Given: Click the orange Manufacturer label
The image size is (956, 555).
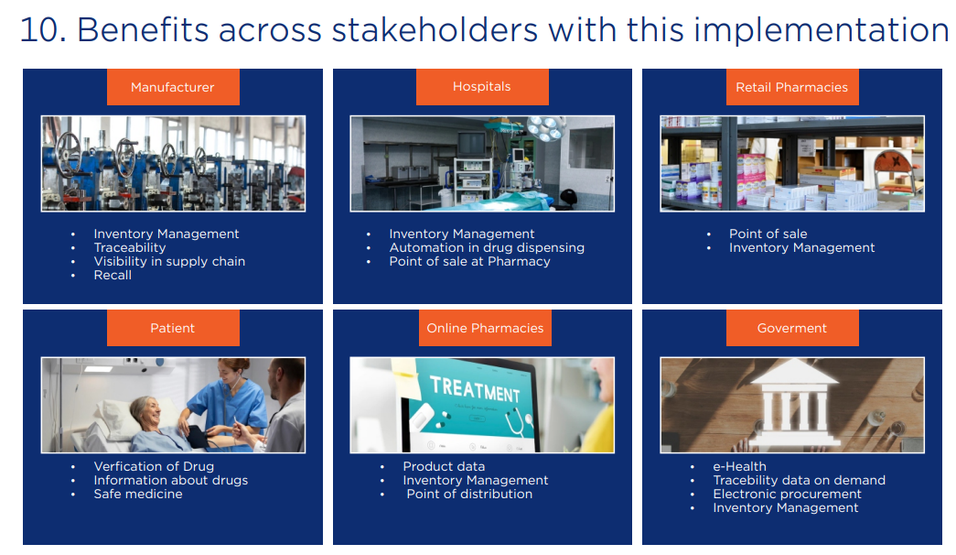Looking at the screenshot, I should tap(173, 87).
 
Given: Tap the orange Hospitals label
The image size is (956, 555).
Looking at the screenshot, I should tap(482, 87).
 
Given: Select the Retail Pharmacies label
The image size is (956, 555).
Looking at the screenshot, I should tap(791, 87).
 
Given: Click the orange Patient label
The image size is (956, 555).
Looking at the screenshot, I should tap(173, 328).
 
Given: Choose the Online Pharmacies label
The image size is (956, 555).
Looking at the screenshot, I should tap(485, 328).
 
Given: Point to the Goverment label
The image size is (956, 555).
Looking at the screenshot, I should tap(791, 328).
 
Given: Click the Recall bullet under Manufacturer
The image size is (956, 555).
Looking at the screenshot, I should tap(113, 275).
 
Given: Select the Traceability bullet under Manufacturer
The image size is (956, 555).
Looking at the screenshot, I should tap(130, 247).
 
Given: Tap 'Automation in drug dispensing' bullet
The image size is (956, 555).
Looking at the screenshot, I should tap(487, 247).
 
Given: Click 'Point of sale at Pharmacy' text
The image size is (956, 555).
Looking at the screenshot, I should tap(469, 261).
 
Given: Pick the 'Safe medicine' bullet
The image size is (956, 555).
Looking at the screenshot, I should tap(138, 494).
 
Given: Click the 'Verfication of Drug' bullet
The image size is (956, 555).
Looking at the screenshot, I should tap(154, 466).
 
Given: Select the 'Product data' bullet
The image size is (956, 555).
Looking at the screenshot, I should tap(444, 466).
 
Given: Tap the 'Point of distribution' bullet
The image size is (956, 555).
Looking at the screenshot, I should tap(469, 494).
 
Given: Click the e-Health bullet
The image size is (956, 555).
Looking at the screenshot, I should tap(739, 466).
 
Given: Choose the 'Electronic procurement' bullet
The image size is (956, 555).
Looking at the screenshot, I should tap(788, 494).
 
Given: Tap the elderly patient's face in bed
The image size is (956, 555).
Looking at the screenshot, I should tap(147, 409).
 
